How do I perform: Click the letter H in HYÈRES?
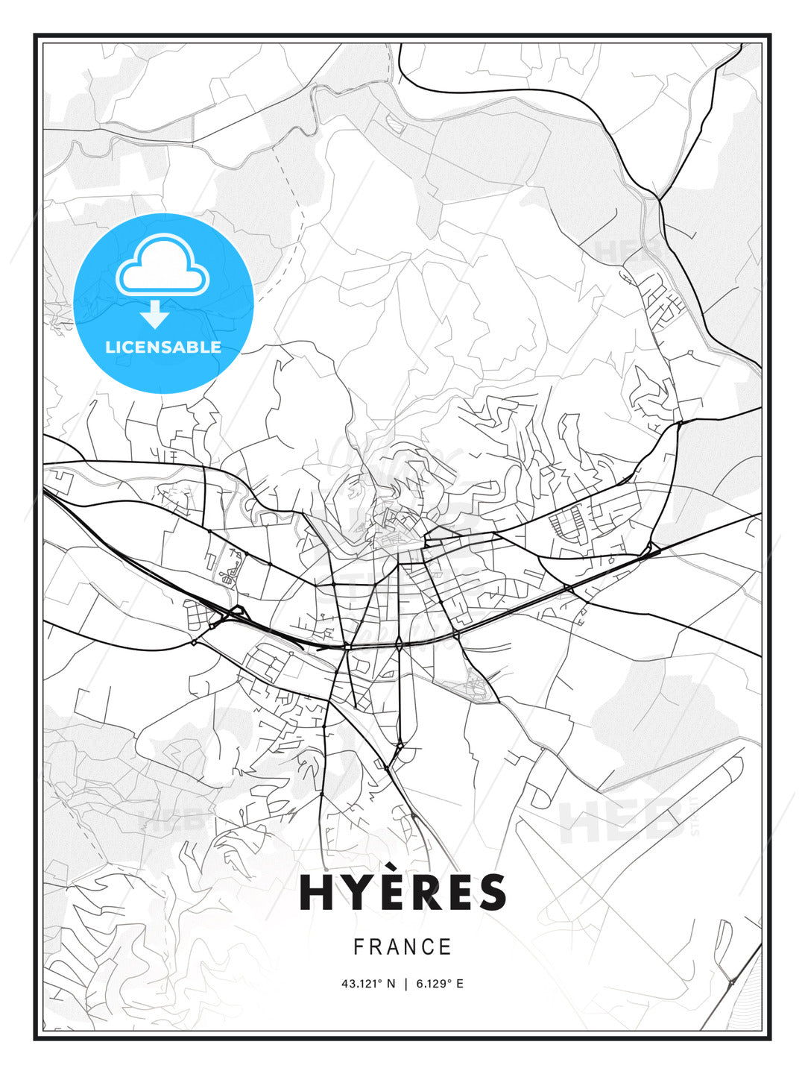click(x=316, y=893)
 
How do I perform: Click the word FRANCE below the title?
click(x=402, y=947)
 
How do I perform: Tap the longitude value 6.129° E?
click(x=440, y=984)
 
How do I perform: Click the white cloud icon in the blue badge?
click(x=162, y=266)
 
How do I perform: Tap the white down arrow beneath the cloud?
click(x=155, y=314)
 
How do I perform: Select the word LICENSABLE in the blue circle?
click(x=163, y=347)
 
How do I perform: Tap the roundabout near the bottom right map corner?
click(x=732, y=982)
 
